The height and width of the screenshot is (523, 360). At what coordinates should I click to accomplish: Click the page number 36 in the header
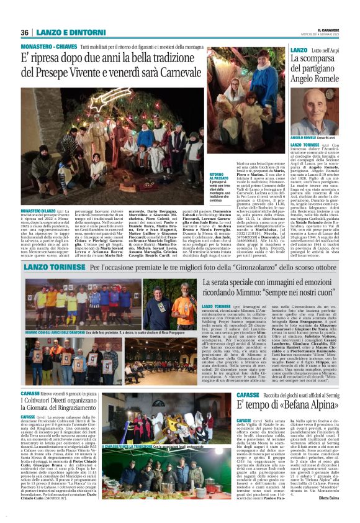pyautogui.click(x=25, y=32)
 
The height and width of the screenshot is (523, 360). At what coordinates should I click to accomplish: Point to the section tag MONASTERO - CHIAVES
pyautogui.click(x=44, y=45)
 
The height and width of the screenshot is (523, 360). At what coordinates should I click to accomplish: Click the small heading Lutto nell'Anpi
pyautogui.click(x=326, y=49)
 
